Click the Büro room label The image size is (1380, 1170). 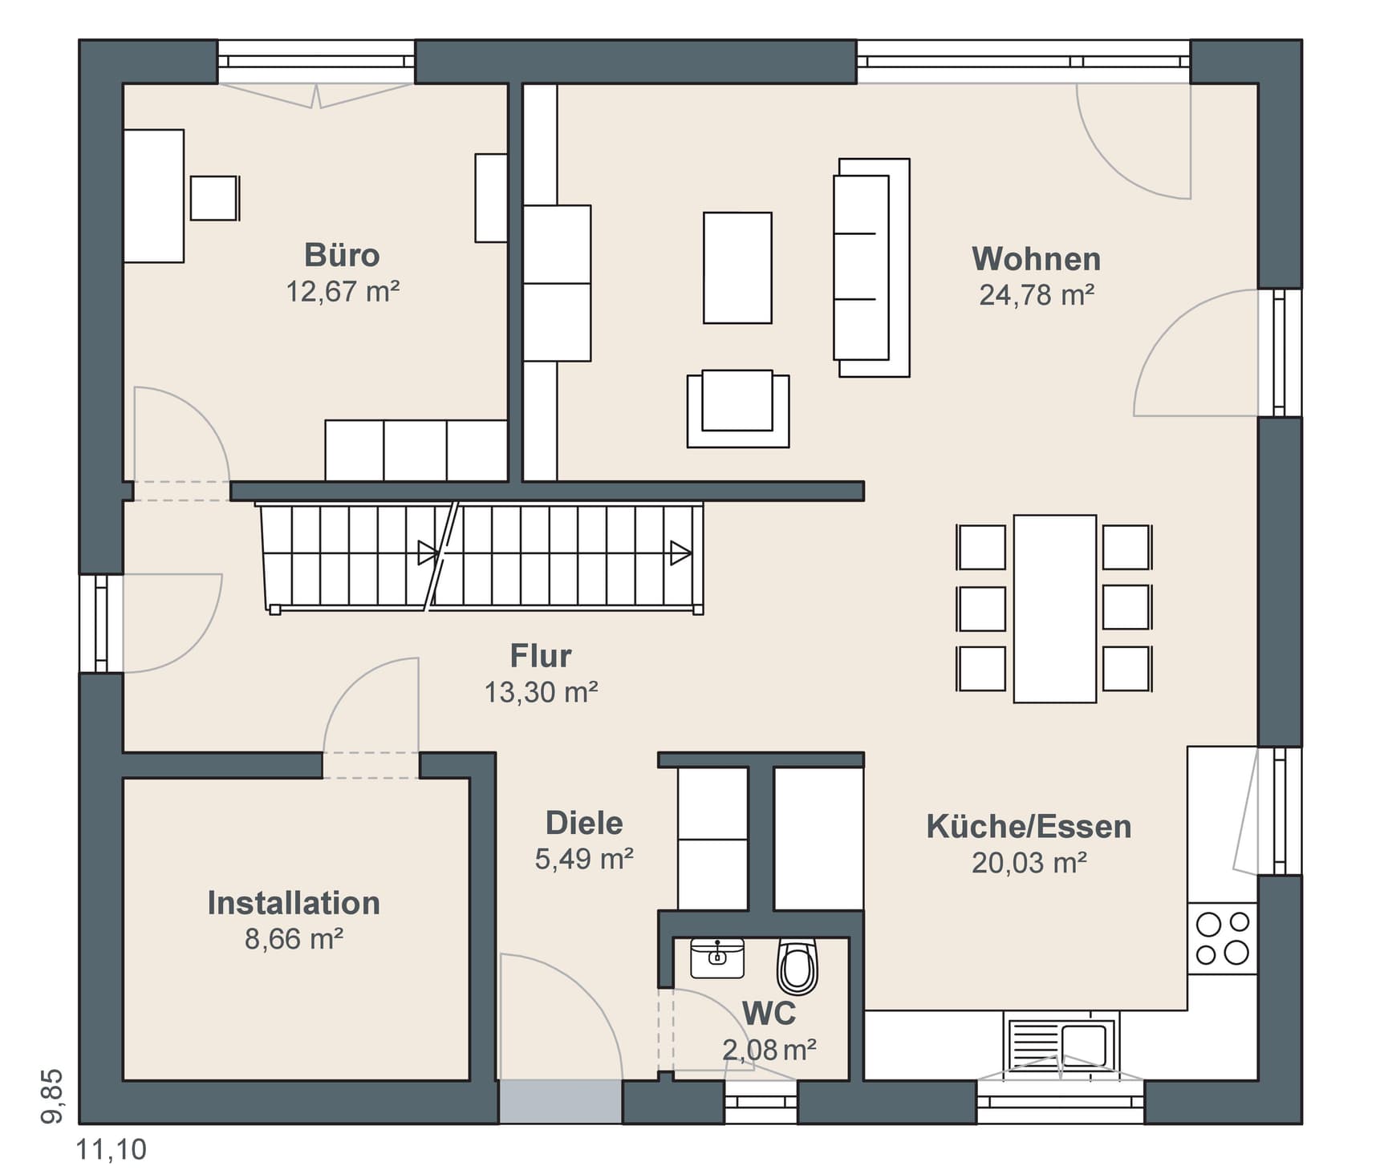click(x=342, y=255)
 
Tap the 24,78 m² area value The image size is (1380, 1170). click(x=1037, y=295)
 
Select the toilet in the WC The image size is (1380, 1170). click(x=798, y=966)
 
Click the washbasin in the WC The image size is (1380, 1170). click(x=717, y=957)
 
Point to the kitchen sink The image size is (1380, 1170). click(x=1060, y=1045)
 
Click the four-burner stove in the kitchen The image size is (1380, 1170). click(x=1222, y=938)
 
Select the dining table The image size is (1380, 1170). click(x=1054, y=609)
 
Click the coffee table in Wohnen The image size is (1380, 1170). click(x=737, y=268)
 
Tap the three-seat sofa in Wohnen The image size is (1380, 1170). click(x=871, y=268)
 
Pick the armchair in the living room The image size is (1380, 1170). click(x=738, y=407)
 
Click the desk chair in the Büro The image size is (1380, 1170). click(x=214, y=198)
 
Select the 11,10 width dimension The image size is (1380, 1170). click(x=112, y=1149)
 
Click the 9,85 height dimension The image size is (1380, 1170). click(x=52, y=1096)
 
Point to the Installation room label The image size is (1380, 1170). click(x=294, y=903)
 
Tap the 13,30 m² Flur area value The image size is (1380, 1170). click(x=541, y=692)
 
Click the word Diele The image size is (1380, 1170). click(x=584, y=824)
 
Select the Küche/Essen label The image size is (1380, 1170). click(x=1029, y=827)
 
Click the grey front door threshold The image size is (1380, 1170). click(x=561, y=1101)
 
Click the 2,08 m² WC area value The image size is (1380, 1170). click(x=769, y=1050)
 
